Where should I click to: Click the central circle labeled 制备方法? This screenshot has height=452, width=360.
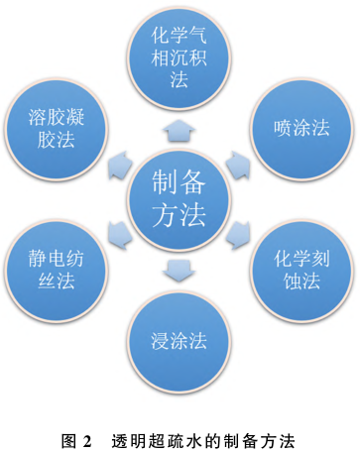pyautogui.click(x=179, y=197)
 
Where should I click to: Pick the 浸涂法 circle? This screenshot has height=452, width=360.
pyautogui.click(x=180, y=341)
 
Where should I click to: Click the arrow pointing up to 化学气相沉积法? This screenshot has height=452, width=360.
pyautogui.click(x=179, y=127)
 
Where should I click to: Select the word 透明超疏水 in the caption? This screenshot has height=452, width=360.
pyautogui.click(x=152, y=437)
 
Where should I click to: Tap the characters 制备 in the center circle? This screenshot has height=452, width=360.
pyautogui.click(x=179, y=181)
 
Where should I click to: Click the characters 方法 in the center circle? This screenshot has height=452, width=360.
pyautogui.click(x=179, y=214)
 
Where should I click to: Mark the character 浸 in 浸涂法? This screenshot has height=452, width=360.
pyautogui.click(x=161, y=341)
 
